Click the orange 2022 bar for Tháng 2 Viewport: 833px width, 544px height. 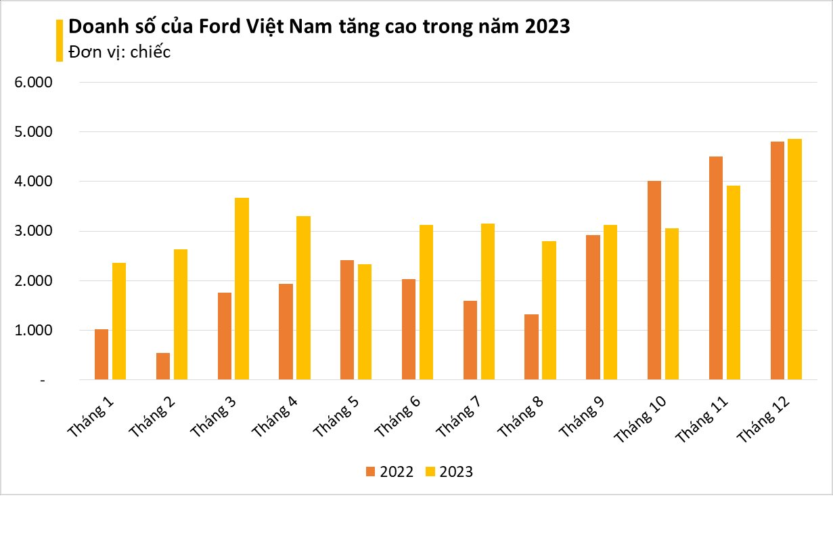click(x=163, y=367)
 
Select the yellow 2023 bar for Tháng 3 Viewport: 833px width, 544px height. click(x=242, y=289)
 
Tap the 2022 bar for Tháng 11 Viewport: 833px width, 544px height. click(x=716, y=268)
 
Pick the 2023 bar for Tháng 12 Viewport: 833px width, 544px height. click(x=794, y=259)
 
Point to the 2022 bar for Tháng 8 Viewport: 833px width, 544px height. click(x=531, y=347)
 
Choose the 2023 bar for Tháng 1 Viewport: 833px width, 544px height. click(x=119, y=321)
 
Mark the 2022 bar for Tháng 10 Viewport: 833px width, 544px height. click(x=654, y=280)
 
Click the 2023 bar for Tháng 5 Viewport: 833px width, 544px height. click(x=365, y=322)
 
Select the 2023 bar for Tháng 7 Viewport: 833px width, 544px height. click(x=487, y=301)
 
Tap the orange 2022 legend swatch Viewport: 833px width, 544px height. click(x=370, y=472)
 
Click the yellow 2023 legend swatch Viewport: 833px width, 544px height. click(x=430, y=472)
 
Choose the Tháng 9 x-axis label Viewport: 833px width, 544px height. click(x=583, y=415)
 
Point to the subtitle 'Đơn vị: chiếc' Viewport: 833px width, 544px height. click(x=120, y=52)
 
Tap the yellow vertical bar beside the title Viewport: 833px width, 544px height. click(x=59, y=40)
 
